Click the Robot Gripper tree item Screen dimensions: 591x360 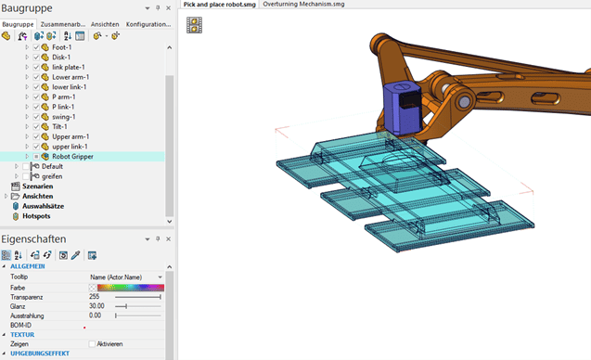[72, 157]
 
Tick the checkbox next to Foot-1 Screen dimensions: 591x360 [36, 47]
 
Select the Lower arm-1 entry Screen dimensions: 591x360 [71, 77]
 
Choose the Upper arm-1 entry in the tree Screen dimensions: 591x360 [71, 136]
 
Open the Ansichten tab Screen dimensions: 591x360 [105, 24]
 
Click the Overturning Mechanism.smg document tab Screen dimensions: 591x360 [303, 4]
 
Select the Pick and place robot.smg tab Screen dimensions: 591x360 [219, 5]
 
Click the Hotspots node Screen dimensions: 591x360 [36, 216]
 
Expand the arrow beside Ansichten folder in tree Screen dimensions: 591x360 [6, 196]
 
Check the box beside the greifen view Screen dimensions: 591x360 [26, 176]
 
